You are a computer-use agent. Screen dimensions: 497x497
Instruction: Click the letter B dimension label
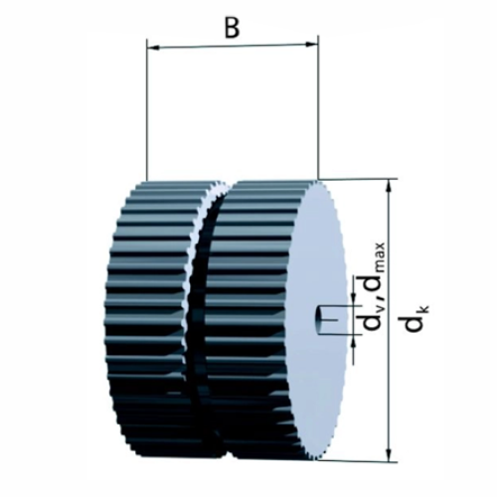(232, 28)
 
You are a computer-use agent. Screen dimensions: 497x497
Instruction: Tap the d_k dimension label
(416, 317)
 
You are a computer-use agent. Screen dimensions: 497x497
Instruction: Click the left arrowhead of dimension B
(154, 49)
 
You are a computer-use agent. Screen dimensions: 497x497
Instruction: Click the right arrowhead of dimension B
(311, 44)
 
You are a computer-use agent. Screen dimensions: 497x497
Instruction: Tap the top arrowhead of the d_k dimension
(391, 186)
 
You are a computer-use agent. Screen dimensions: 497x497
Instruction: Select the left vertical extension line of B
(146, 110)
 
